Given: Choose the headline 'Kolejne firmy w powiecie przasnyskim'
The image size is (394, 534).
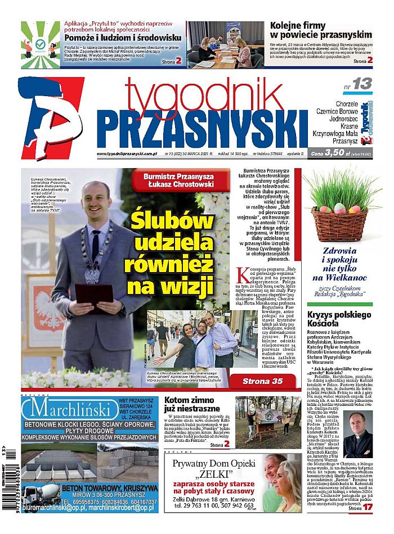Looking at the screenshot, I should click(321, 29).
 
